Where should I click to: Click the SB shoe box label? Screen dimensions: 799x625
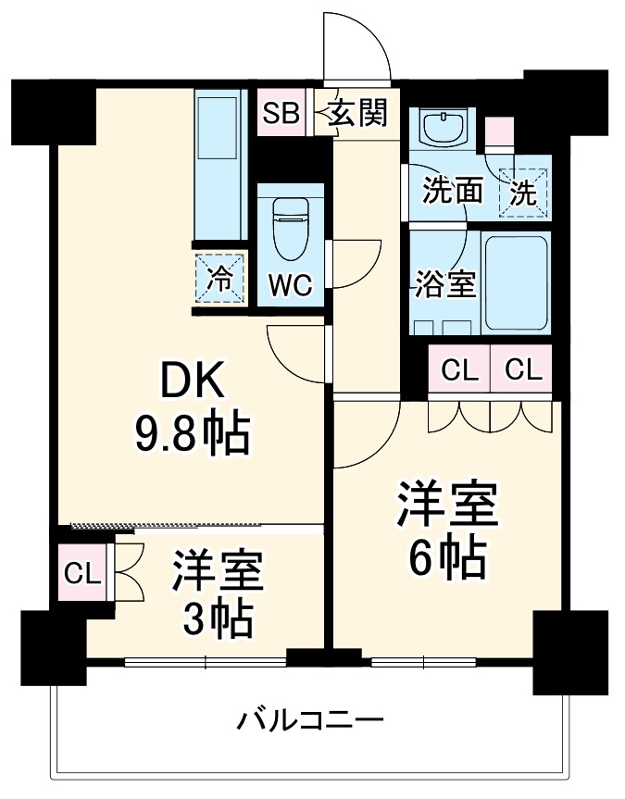pyautogui.click(x=281, y=114)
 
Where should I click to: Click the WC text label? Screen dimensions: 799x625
pyautogui.click(x=290, y=286)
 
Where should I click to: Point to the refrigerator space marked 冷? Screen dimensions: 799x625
pyautogui.click(x=220, y=279)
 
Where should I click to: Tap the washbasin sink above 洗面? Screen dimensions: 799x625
pyautogui.click(x=445, y=127)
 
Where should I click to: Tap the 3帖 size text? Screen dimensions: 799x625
pyautogui.click(x=218, y=618)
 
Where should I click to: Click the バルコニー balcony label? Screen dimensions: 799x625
pyautogui.click(x=308, y=719)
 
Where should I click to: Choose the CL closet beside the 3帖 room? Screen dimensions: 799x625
pyautogui.click(x=82, y=574)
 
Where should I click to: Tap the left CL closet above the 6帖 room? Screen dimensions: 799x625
pyautogui.click(x=459, y=370)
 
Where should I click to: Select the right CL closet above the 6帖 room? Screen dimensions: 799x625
pyautogui.click(x=522, y=370)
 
